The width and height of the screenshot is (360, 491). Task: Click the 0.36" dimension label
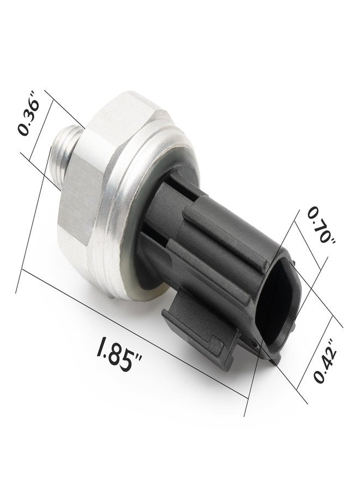[28, 113]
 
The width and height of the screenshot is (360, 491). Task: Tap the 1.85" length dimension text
[119, 355]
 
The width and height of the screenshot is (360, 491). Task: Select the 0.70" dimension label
[320, 225]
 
